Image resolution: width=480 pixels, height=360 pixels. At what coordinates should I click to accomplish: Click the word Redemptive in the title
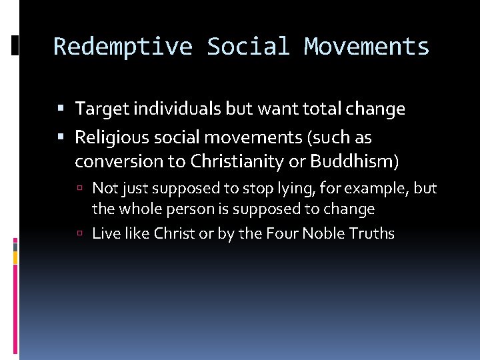pos(123,47)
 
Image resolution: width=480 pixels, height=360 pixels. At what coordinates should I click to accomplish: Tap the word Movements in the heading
pos(367,47)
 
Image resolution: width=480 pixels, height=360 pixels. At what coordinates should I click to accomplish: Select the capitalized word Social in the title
pos(248,47)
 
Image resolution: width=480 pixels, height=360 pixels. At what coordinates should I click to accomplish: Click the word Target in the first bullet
pos(97,109)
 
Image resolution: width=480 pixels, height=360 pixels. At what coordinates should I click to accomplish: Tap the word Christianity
pos(229,161)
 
